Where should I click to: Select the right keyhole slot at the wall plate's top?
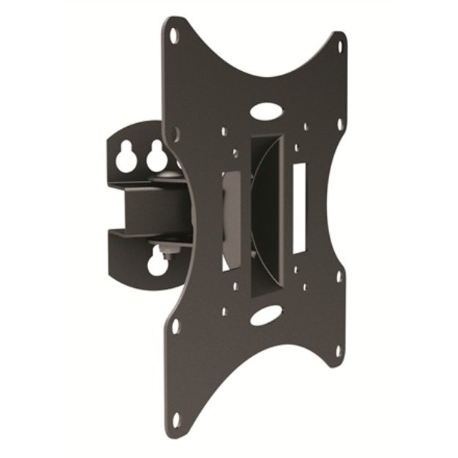(156, 155)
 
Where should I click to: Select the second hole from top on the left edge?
(176, 132)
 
